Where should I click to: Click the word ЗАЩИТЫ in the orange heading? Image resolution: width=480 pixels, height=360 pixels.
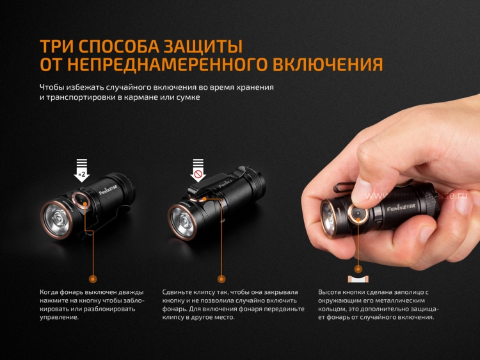coord(202,46)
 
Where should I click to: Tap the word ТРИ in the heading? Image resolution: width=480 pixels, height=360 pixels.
coord(56,46)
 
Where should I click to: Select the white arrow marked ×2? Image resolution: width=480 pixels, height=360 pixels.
coord(82,170)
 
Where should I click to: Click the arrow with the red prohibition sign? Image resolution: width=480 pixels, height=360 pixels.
coord(198,170)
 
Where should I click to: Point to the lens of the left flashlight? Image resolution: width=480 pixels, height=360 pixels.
coord(56,219)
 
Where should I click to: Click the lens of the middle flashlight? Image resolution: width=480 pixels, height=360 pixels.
coord(182,222)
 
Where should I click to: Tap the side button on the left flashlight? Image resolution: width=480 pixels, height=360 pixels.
coord(81,200)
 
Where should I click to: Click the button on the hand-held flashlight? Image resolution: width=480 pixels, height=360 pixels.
coord(358,213)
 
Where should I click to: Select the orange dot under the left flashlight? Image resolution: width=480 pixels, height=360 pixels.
coord(93,279)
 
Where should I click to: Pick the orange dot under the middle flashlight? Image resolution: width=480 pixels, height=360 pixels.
coord(221,279)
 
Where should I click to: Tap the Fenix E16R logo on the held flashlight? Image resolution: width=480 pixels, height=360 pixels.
coord(401,208)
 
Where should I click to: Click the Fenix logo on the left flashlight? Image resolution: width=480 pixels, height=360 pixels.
coord(108,190)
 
